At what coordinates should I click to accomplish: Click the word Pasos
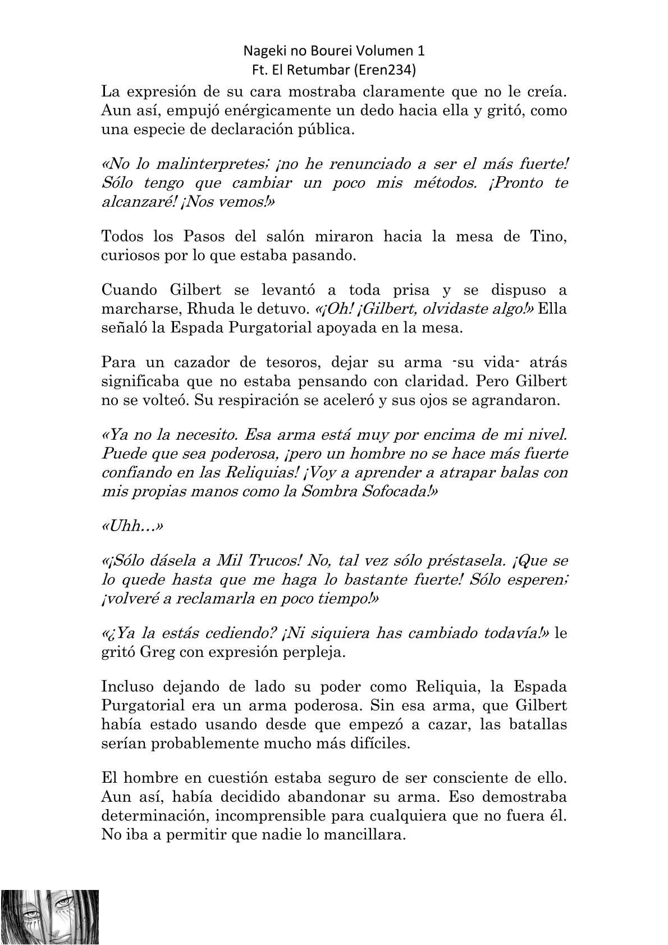tap(196, 237)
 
